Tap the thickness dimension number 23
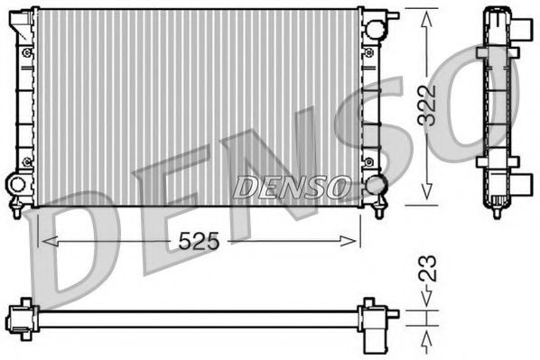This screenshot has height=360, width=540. pyautogui.click(x=433, y=270)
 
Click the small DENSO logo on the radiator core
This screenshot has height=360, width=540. pyautogui.click(x=291, y=186)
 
